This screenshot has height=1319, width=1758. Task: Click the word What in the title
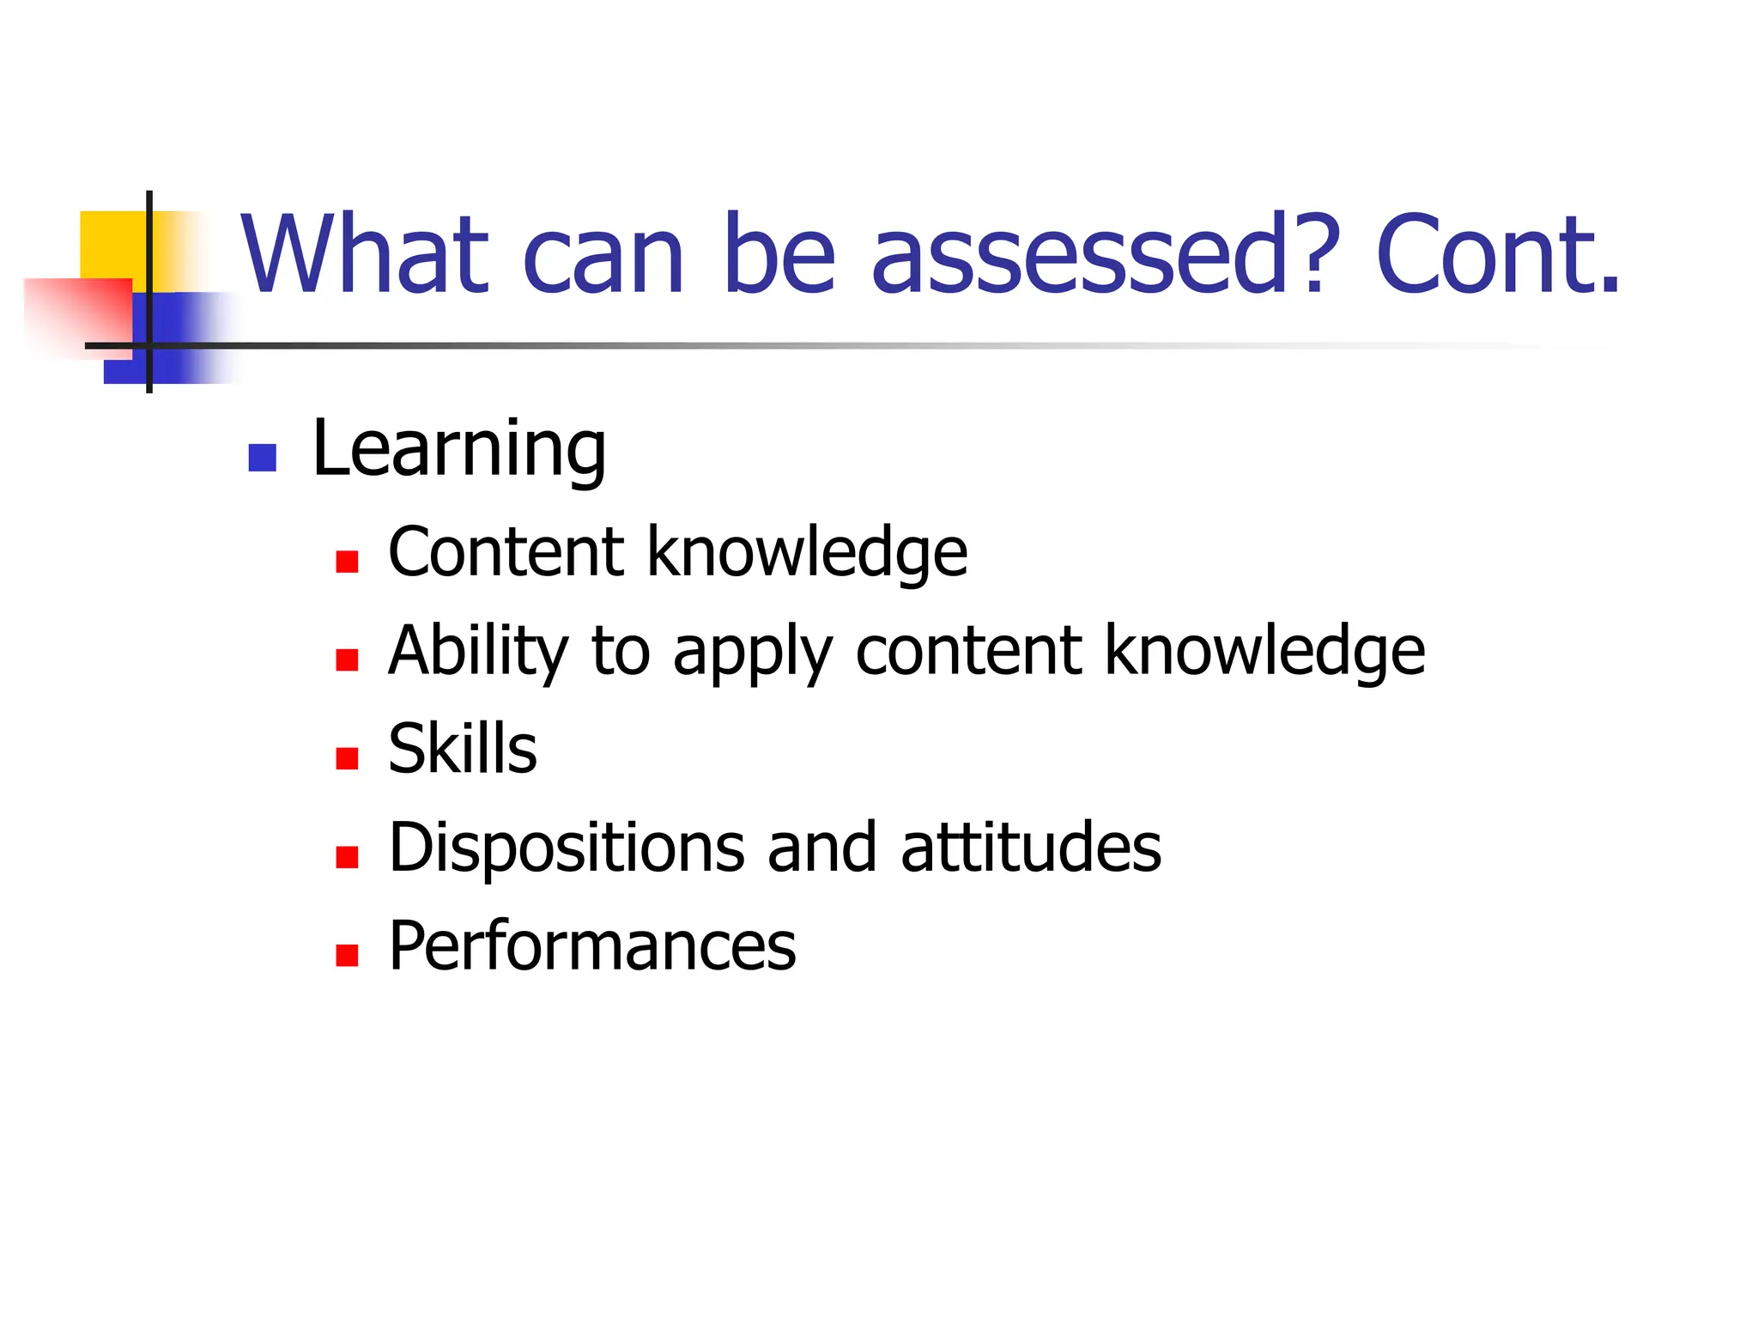(x=364, y=255)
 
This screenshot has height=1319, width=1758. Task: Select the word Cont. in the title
(x=1497, y=255)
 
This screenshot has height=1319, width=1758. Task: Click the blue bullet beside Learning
(x=262, y=458)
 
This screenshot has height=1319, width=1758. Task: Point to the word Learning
(x=458, y=450)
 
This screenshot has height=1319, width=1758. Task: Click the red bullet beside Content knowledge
(x=347, y=562)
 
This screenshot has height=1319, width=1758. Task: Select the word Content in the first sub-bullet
(x=506, y=552)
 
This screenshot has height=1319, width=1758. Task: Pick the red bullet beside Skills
(x=347, y=758)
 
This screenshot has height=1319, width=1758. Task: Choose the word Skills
(x=462, y=749)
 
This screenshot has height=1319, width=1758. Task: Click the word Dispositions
(x=567, y=848)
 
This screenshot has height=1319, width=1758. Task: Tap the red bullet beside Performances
(x=347, y=955)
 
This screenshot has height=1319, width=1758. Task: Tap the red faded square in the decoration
(x=77, y=313)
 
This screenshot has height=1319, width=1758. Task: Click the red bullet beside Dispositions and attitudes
(x=347, y=857)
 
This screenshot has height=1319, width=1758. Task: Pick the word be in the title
(x=778, y=255)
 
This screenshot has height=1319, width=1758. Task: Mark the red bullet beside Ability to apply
(x=347, y=659)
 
